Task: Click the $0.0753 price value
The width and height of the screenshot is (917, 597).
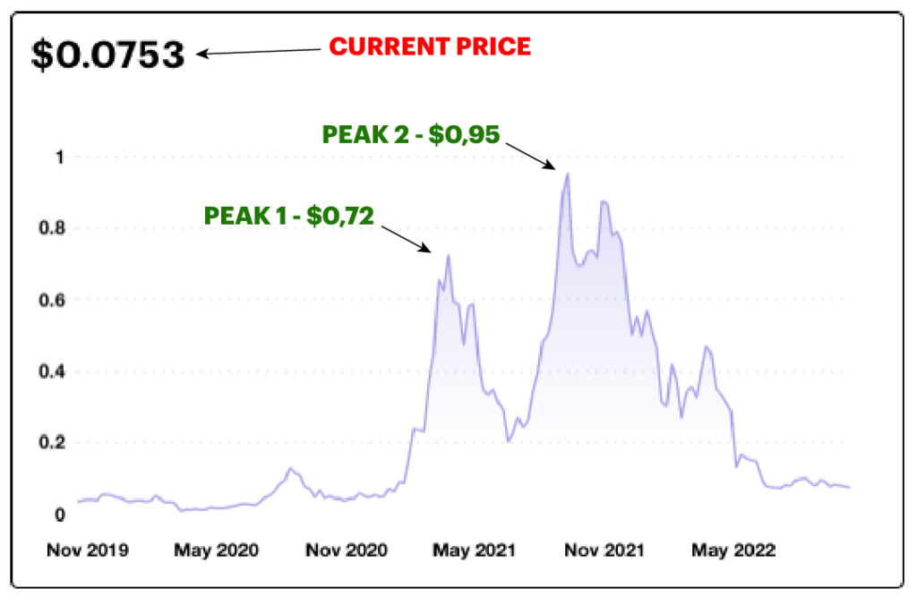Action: coord(108,55)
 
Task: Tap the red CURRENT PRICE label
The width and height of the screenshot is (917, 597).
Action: coord(430,47)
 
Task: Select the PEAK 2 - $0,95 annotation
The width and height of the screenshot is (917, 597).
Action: coord(410,133)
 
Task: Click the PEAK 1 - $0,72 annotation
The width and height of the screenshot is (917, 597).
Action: coord(288,215)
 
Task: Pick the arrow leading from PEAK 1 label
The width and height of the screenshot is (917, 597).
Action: coord(408,237)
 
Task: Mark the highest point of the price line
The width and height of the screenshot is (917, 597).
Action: coord(567,175)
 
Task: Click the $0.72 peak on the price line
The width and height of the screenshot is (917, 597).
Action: coord(448,256)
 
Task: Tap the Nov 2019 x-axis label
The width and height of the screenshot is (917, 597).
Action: coord(87,550)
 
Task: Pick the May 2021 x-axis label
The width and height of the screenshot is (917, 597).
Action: coord(474,550)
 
